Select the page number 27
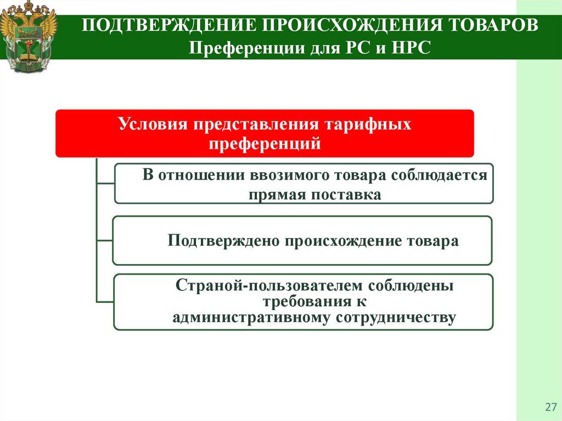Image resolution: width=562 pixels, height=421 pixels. click(x=549, y=407)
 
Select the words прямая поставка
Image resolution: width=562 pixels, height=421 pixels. click(x=314, y=194)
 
